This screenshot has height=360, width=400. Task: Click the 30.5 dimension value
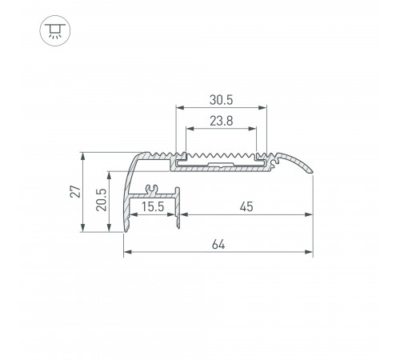221,100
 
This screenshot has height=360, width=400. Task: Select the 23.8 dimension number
222,121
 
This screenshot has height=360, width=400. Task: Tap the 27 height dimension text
75,191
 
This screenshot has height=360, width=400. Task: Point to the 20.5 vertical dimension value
102,200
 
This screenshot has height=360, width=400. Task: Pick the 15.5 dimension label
153,206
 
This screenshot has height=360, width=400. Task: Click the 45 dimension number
246,206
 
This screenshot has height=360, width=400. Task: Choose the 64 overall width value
218,245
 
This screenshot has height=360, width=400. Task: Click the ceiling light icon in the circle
55,30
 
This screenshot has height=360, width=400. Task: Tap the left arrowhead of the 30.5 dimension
180,108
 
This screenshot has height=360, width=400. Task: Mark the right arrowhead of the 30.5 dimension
262,108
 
